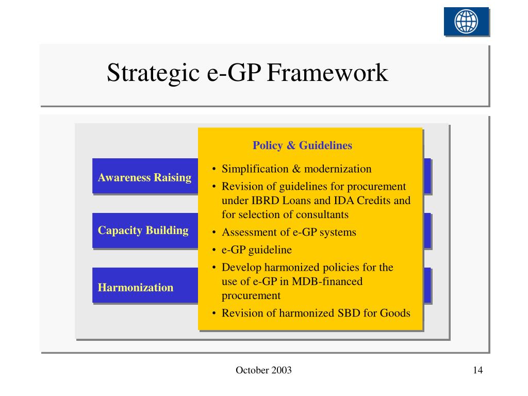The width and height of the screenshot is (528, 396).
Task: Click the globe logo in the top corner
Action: tap(466, 22)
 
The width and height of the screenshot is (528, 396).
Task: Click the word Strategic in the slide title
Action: tap(153, 73)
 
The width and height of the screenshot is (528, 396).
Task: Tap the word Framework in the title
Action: tap(327, 73)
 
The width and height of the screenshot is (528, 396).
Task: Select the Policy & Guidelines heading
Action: tap(302, 145)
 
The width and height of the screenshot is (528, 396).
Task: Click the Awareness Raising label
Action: tap(144, 178)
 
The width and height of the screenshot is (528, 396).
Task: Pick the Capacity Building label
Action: tap(143, 230)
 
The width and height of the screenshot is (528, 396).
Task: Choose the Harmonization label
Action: tap(136, 288)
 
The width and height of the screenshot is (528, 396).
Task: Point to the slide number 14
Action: tap(477, 370)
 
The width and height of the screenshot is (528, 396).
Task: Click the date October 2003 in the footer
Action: tap(263, 370)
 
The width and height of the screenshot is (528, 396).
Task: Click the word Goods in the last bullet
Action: tap(395, 313)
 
